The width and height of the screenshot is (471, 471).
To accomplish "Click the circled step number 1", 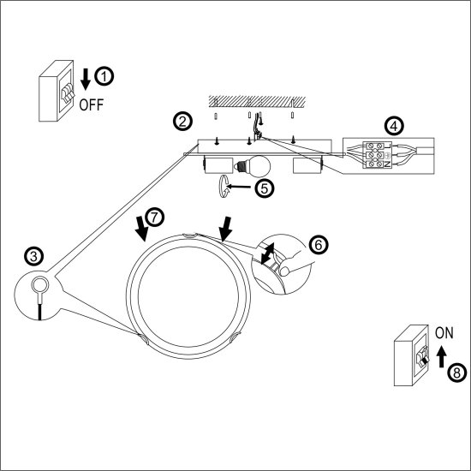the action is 104,76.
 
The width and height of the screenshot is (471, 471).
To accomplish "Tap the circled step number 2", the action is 182,122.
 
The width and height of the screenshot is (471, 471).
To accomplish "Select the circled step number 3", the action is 34,257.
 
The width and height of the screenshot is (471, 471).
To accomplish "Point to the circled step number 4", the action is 394,126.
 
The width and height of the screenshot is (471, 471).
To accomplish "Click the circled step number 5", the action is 265,188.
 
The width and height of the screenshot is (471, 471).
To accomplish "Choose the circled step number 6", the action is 319,245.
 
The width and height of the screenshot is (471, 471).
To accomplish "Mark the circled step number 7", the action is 154,218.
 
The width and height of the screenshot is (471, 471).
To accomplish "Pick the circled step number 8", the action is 457,373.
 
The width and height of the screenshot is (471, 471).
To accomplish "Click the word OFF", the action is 92,104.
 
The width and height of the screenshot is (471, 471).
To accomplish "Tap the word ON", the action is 444,333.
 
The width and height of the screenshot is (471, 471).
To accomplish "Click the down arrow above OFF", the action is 86,80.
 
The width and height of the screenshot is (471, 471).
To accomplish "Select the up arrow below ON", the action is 441,356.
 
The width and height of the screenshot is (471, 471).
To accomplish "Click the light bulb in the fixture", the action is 253,166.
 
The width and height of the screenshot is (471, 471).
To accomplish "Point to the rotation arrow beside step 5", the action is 224,187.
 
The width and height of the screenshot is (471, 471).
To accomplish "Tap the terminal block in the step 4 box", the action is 377,155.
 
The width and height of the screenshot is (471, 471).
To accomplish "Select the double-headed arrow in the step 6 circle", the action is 267,253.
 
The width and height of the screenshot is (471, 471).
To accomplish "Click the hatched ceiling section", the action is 257,102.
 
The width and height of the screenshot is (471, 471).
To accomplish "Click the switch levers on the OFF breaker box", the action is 68,92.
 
